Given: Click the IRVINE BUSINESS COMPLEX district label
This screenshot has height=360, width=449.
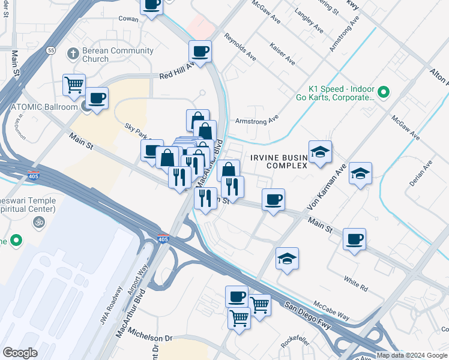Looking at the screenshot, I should [x=279, y=161].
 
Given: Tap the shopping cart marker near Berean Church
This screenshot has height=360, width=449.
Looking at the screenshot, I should [x=74, y=85].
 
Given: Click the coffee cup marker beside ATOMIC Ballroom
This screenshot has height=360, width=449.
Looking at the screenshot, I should [x=97, y=98].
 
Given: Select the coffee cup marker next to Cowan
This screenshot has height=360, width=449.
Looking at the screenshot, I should [x=151, y=5].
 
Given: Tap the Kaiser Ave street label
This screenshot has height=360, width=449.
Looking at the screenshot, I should [x=282, y=53].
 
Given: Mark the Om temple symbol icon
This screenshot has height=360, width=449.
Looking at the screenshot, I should [x=38, y=223].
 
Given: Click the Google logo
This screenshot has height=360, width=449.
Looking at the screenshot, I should [x=20, y=353].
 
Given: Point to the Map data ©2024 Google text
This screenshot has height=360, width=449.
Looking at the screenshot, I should [x=411, y=355].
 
